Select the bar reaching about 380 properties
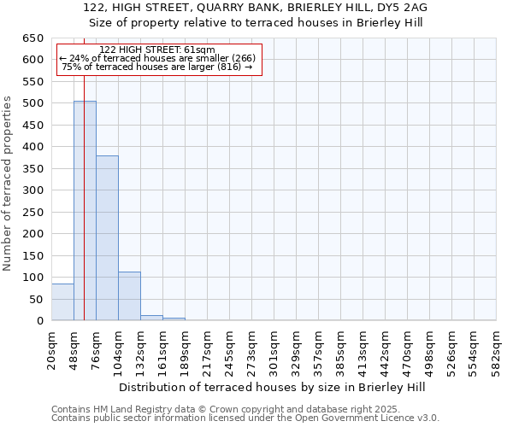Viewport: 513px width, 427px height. pyautogui.click(x=107, y=238)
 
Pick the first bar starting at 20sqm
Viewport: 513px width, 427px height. pyautogui.click(x=62, y=302)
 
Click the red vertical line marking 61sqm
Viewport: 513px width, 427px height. pyautogui.click(x=85, y=171)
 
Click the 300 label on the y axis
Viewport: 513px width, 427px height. pyautogui.click(x=32, y=190)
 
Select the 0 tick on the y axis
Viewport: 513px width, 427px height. pyautogui.click(x=38, y=321)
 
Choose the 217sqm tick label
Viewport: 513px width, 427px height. pyautogui.click(x=207, y=349)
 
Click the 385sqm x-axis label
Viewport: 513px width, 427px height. pyautogui.click(x=340, y=349)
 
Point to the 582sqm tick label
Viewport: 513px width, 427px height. pyautogui.click(x=496, y=349)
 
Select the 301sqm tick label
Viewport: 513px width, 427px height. pyautogui.click(x=274, y=349)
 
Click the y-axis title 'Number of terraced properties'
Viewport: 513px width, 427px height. pyautogui.click(x=8, y=184)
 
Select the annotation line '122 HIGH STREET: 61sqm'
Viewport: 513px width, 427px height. pyautogui.click(x=157, y=50)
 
